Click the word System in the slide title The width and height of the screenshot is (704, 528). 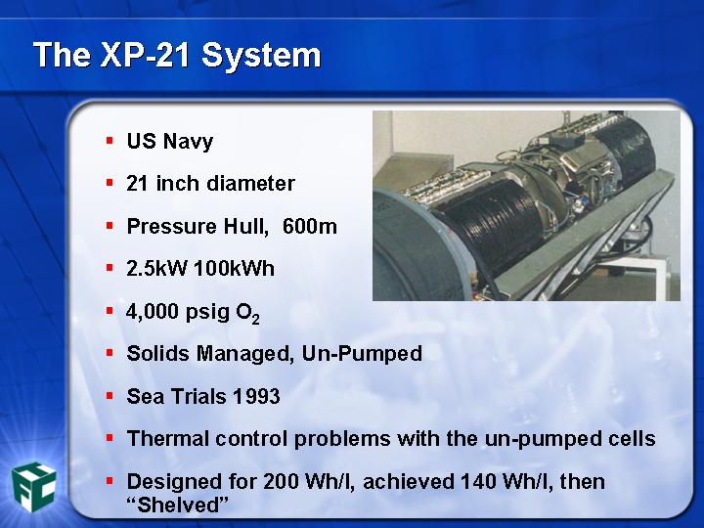point(261,56)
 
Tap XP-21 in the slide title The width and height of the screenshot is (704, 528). point(148,55)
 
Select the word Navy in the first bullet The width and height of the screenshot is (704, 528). point(188,142)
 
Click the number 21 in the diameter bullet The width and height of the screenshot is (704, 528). point(137,183)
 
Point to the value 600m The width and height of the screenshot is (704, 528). point(310,226)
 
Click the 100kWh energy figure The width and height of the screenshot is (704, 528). point(234,269)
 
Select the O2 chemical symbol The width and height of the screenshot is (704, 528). point(247,313)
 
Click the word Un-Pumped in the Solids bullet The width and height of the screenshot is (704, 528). point(362,354)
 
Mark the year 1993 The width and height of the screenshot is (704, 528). point(256,396)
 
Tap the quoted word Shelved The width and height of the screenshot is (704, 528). point(178,505)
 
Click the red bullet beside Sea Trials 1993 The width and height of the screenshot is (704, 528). point(110,396)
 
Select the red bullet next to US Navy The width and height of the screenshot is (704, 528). point(110,141)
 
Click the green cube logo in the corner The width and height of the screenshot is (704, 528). point(33,487)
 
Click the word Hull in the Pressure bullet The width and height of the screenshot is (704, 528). point(246,226)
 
